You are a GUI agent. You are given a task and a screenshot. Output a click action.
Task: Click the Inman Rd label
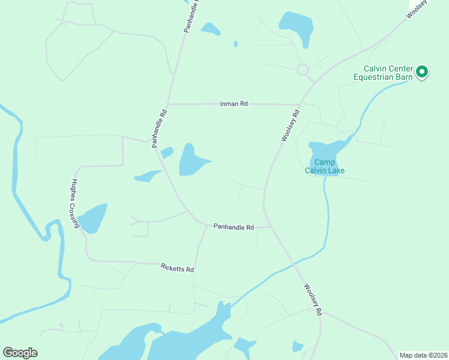(x=234, y=104)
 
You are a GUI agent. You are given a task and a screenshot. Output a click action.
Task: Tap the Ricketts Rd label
(x=177, y=268)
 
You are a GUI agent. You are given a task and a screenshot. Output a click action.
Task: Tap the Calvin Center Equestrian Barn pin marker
(x=421, y=73)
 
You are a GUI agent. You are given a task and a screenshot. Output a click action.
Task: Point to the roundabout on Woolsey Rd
(x=303, y=70)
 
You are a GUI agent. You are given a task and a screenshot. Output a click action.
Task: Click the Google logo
(x=20, y=353)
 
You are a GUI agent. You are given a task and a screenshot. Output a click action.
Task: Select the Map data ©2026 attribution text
(x=423, y=355)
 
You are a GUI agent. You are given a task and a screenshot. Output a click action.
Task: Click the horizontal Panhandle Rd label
(x=234, y=227)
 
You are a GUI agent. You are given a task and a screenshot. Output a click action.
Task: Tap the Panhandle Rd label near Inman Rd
(x=158, y=128)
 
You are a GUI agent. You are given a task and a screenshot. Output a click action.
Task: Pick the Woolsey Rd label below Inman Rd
(x=290, y=125)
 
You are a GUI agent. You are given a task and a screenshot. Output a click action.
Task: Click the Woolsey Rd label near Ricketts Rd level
(x=313, y=299)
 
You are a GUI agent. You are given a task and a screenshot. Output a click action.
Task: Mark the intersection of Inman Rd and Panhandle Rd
(x=168, y=104)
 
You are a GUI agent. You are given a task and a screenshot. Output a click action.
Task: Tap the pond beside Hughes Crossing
(x=93, y=218)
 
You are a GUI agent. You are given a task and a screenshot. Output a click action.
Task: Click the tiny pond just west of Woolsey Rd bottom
(x=297, y=346)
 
